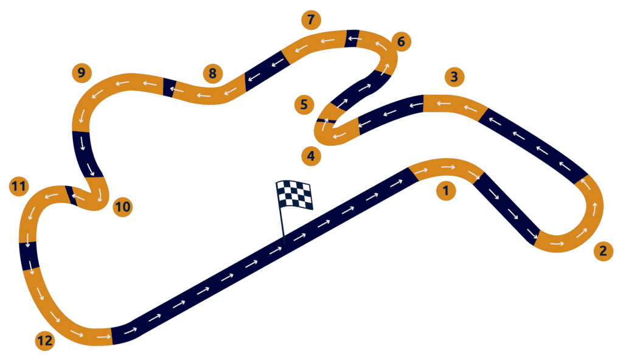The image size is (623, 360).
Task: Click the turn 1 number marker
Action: click(446, 191)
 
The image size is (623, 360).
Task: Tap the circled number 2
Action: click(603, 251)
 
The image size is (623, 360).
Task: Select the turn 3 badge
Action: click(454, 77)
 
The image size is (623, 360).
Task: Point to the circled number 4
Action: click(311, 156)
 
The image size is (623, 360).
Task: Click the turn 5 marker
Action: click(304, 104)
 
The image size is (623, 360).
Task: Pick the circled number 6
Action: click(400, 42)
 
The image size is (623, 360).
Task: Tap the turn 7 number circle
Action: click(311, 19)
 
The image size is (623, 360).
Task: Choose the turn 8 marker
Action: click(212, 74)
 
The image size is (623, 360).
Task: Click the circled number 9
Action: click(82, 74)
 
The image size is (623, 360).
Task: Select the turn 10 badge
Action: click(123, 207)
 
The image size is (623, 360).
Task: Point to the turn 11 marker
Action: click(19, 186)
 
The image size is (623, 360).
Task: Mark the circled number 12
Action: click(44, 341)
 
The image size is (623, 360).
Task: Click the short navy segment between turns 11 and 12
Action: click(29, 255)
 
